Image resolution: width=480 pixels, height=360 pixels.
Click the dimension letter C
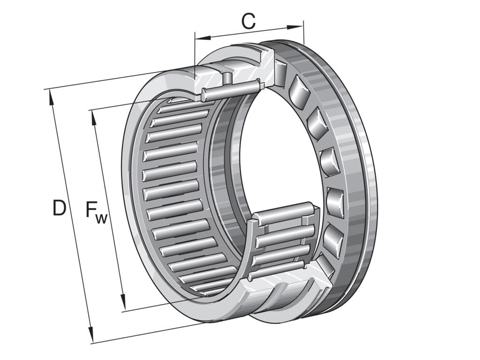click(x=248, y=21)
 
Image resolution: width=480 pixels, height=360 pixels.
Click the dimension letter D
click(x=59, y=208)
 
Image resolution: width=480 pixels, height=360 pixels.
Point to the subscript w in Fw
click(x=102, y=219)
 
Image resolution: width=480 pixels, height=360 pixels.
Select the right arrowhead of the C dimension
click(x=295, y=27)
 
